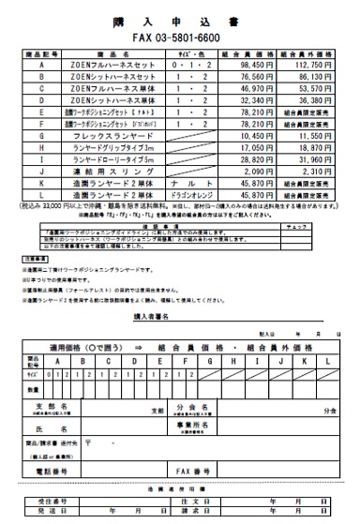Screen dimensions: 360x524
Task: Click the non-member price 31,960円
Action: tap(319, 161)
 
